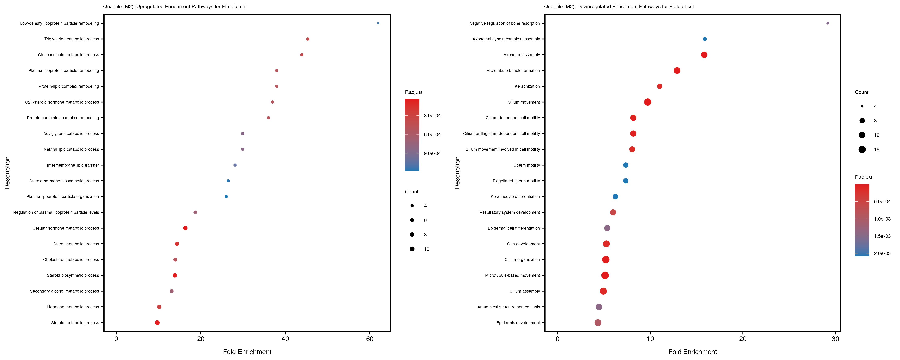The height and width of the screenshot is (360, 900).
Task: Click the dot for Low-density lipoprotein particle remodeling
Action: coord(378,23)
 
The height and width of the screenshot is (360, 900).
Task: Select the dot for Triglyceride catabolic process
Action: coord(307,39)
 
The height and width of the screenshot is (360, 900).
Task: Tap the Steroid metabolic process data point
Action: coord(157,323)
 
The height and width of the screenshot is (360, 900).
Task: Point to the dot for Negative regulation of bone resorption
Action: coord(827,23)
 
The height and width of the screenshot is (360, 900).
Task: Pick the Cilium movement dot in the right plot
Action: coord(647,102)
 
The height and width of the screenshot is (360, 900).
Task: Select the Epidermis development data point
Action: coord(598,323)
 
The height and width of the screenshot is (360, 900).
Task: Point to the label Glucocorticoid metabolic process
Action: coord(68,55)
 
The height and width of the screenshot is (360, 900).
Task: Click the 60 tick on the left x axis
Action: coord(370,339)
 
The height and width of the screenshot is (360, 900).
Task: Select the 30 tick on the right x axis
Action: coord(835,339)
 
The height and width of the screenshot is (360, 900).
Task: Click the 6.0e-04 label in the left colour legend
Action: coord(432,135)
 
